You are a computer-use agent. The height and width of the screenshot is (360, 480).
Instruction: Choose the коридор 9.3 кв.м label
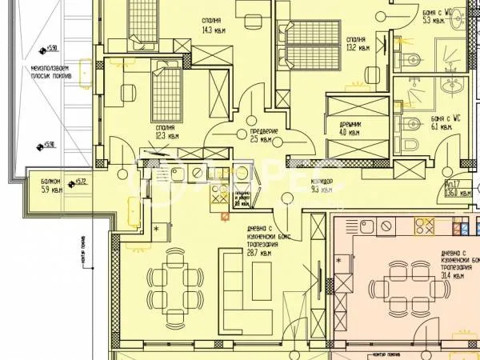click(x=322, y=186)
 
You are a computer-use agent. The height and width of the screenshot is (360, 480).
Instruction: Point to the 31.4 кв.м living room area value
click(x=451, y=276)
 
